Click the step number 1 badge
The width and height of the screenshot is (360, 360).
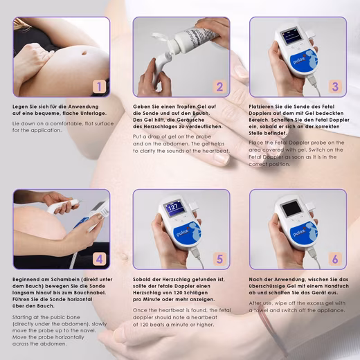[100, 87]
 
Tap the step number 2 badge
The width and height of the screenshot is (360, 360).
[219, 87]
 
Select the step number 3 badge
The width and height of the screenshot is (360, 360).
[335, 87]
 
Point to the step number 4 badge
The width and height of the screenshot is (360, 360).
[100, 259]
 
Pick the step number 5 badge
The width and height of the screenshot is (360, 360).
[219, 259]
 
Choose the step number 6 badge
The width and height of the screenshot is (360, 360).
[335, 259]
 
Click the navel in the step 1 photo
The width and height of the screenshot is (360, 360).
[84, 53]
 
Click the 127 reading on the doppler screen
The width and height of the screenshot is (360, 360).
[172, 207]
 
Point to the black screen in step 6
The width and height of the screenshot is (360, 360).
[291, 208]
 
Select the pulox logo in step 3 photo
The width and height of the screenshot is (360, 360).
[299, 61]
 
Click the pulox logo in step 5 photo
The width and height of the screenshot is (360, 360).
[183, 232]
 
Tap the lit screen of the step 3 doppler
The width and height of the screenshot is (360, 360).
[289, 36]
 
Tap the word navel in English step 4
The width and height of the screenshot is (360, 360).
[89, 330]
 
